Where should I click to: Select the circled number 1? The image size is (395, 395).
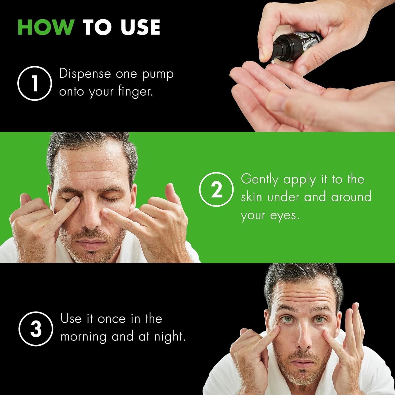[x=35, y=83]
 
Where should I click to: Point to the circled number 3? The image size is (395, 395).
[x=36, y=329]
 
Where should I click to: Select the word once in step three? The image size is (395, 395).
[x=111, y=319]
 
